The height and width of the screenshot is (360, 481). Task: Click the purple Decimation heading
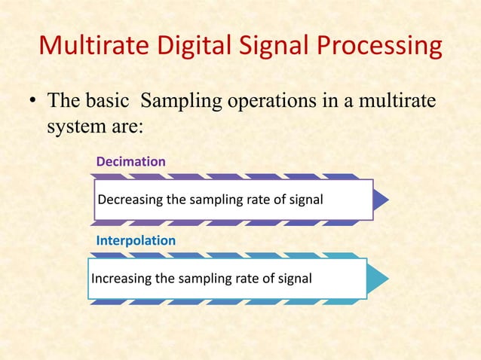(x=130, y=162)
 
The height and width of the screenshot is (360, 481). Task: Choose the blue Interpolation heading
(x=136, y=241)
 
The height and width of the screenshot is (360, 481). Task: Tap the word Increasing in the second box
(x=121, y=279)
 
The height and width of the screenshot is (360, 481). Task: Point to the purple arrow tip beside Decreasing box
(x=381, y=200)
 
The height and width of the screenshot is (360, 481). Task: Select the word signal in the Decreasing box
(x=305, y=200)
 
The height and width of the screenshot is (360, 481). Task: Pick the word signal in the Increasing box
(x=294, y=279)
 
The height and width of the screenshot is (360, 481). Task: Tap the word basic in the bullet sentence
(x=115, y=101)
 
